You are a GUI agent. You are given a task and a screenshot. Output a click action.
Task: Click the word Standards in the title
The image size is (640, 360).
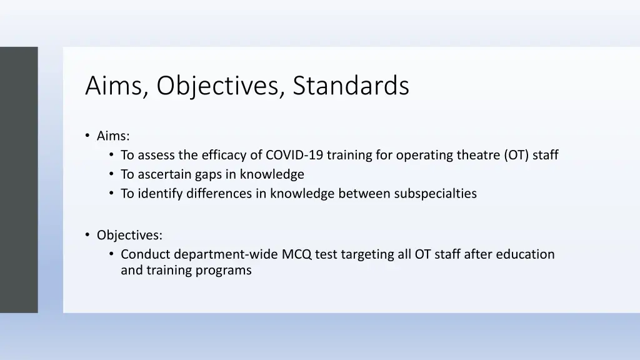[351, 86]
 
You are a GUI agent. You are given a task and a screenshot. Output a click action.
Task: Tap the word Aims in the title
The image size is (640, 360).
[116, 86]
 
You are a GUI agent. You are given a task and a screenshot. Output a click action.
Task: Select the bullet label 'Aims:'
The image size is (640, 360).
[113, 136]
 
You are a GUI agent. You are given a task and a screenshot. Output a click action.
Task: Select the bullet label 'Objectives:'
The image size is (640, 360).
[129, 235]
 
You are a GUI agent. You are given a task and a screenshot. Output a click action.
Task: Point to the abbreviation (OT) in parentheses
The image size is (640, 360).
[516, 155]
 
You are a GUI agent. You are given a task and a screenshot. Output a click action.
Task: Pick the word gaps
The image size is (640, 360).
[207, 174]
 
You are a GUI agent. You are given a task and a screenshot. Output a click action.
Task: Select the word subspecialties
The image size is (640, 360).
[435, 194]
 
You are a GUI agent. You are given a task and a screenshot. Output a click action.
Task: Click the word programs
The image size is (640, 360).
[227, 271]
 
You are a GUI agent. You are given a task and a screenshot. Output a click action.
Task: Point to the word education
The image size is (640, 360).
[524, 254]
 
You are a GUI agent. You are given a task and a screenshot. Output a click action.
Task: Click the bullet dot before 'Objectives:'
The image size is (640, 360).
[87, 235]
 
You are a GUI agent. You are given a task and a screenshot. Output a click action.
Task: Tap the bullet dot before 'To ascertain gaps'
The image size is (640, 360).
[111, 174]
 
